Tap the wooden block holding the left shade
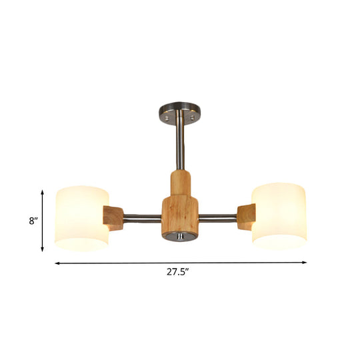coord(114,218)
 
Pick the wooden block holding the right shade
coord(246,217)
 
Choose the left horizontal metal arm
coord(142,217)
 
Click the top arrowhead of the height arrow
coord(43,191)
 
